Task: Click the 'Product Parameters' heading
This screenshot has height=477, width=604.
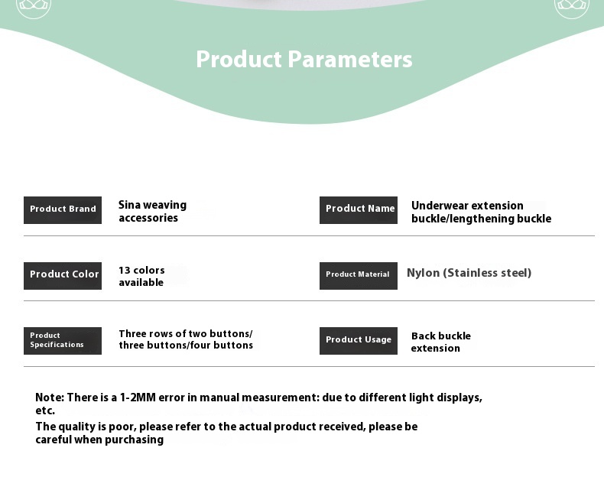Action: click(x=304, y=60)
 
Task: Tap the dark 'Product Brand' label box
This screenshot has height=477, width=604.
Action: click(x=63, y=210)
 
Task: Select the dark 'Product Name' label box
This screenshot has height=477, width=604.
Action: click(x=359, y=210)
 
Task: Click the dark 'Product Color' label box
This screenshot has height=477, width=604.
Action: click(x=63, y=276)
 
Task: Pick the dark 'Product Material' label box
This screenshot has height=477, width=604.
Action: click(x=359, y=276)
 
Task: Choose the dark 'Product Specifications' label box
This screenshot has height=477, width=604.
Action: click(x=63, y=341)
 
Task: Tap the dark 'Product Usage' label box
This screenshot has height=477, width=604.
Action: click(x=359, y=341)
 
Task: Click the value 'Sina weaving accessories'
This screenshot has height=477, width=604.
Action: click(x=153, y=211)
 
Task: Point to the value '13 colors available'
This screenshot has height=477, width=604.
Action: click(x=141, y=276)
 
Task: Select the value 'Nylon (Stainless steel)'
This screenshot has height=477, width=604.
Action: click(x=469, y=273)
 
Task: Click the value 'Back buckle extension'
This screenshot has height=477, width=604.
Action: click(x=440, y=342)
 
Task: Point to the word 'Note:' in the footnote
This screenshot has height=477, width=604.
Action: click(x=50, y=397)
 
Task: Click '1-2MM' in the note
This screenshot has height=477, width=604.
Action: click(x=138, y=397)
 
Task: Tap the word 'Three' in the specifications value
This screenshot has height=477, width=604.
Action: click(x=132, y=333)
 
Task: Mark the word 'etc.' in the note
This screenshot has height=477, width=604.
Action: click(x=45, y=410)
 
